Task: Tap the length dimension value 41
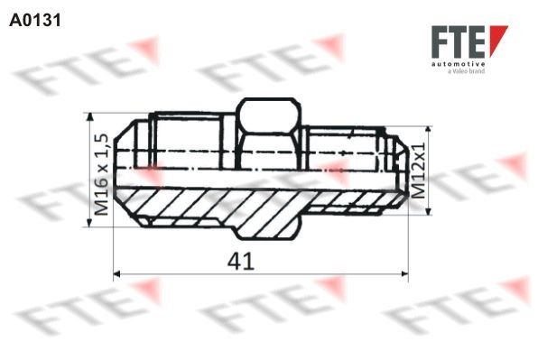238,261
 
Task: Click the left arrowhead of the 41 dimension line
116,273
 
